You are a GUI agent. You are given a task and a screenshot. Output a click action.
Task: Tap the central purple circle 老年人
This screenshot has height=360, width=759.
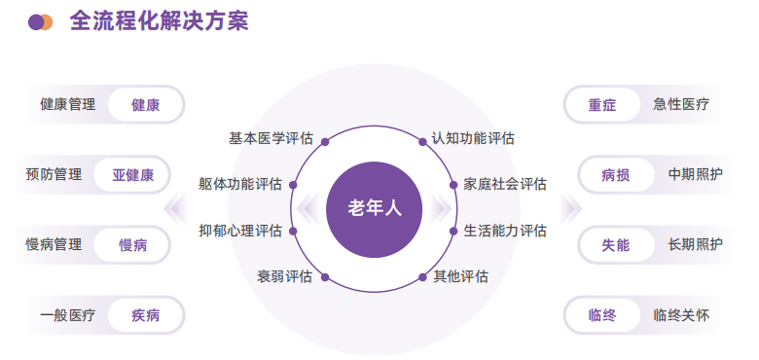[x=375, y=208]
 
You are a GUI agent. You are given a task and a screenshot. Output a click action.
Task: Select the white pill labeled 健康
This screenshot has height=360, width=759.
[x=145, y=105]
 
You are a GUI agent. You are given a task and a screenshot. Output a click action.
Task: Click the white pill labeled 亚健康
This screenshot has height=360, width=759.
[x=132, y=175]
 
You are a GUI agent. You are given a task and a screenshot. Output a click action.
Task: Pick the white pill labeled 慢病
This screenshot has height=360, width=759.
[x=132, y=245]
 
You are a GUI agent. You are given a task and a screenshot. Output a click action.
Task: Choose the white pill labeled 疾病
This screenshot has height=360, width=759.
[x=145, y=315]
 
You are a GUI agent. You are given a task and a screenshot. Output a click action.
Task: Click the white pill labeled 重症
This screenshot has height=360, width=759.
[x=602, y=105]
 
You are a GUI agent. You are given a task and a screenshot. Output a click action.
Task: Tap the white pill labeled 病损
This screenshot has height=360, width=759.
[x=615, y=175]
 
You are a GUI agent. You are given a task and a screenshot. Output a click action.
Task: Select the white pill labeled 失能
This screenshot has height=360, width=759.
[x=615, y=245]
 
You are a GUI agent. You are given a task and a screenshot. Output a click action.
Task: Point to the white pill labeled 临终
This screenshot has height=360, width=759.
[x=602, y=315]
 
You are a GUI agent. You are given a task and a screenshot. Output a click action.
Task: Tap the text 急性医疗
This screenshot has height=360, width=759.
[x=681, y=105]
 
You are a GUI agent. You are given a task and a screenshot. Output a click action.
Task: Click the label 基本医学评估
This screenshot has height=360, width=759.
[x=271, y=138]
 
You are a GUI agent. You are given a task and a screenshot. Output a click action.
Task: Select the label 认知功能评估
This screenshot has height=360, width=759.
[x=473, y=138]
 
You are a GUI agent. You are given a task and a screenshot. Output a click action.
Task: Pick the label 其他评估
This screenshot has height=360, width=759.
[x=460, y=276]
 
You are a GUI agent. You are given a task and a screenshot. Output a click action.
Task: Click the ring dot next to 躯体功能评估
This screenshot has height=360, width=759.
[x=295, y=184]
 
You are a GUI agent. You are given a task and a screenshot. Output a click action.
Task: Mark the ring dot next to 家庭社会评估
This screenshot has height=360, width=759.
[x=453, y=184]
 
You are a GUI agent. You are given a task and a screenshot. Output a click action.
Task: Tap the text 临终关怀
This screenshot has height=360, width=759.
[x=681, y=315]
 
